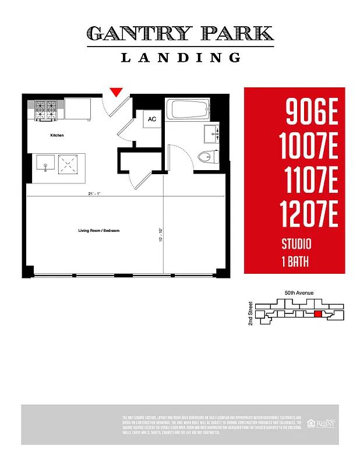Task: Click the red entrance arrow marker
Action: [x=117, y=91]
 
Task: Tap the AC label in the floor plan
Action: [x=152, y=119]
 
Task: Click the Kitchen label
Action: [x=57, y=135]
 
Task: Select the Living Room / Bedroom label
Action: [x=99, y=231]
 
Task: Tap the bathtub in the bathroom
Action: [x=188, y=110]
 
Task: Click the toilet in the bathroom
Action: [x=207, y=156]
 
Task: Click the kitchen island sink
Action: [x=45, y=163]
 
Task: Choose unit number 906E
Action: [x=312, y=112]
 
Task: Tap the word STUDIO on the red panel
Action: [x=297, y=244]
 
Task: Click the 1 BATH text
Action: [x=295, y=262]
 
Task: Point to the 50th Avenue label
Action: [x=299, y=292]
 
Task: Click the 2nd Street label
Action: [x=250, y=313]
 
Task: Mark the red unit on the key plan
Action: [x=318, y=314]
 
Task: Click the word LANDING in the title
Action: [x=181, y=57]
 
